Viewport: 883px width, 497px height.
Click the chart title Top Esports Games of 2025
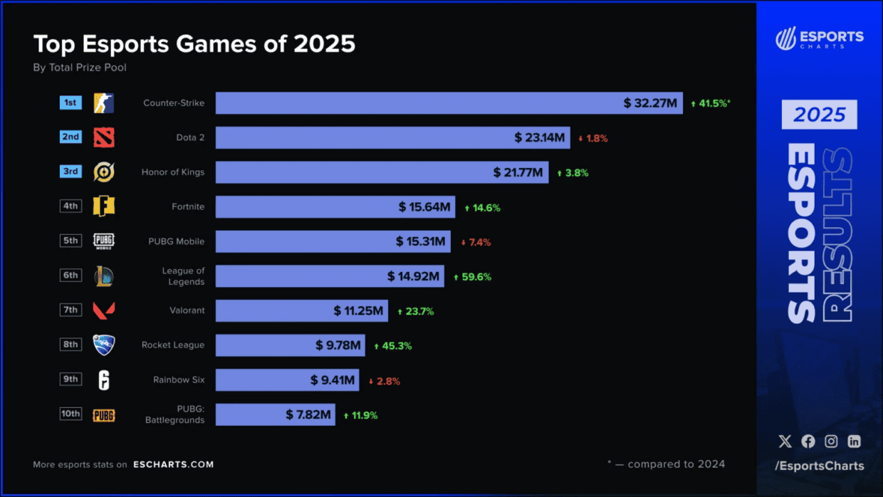[x=194, y=44]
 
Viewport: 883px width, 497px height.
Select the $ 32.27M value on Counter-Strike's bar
[x=650, y=103]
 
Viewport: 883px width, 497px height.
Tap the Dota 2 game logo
[x=104, y=137]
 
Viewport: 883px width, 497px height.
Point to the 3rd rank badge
[x=70, y=172]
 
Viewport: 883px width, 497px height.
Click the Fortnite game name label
[x=188, y=206]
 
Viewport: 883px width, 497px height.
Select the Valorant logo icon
[x=104, y=310]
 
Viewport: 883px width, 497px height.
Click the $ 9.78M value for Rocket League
[x=338, y=345]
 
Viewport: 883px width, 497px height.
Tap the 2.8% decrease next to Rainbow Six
[x=385, y=381]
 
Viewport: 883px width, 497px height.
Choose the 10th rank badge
[x=70, y=414]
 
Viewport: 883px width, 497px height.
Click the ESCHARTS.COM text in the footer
[x=173, y=464]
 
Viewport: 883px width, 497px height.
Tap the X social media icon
[x=785, y=441]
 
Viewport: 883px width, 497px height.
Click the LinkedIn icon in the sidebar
[x=854, y=441]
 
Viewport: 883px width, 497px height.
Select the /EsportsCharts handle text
[x=820, y=466]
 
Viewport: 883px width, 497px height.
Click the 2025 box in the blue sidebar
[x=820, y=115]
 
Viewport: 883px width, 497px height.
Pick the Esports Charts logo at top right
[x=820, y=38]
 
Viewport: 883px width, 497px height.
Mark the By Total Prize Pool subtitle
[x=80, y=68]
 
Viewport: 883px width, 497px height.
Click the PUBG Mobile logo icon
[x=104, y=241]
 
